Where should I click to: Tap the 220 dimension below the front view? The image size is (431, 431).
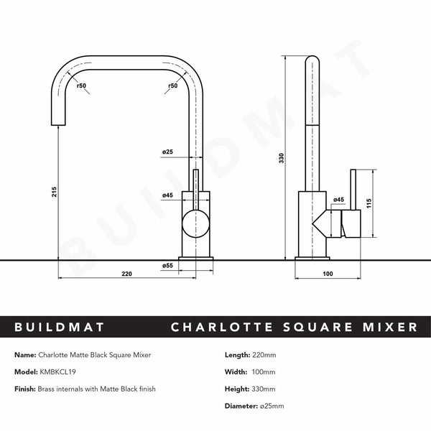coord(126,273)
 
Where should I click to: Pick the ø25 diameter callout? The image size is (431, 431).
coord(167,152)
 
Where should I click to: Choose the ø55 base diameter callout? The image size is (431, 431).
coord(168,266)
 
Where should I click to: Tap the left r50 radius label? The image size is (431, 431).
coord(81,86)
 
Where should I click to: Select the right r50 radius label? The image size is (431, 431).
coord(172,86)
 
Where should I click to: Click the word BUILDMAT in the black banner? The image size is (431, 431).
coord(59,328)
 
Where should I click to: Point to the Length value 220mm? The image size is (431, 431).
coord(263,355)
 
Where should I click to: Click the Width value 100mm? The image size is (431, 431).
coord(263,372)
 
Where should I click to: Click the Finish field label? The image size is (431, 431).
coord(26,389)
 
